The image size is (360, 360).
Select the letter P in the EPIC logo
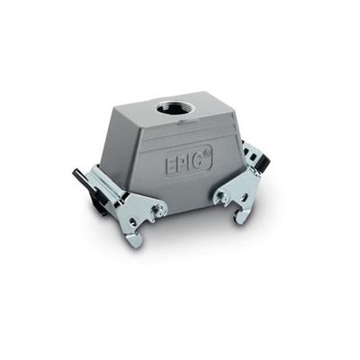click(x=182, y=165)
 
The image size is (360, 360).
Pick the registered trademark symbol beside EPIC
click(x=206, y=154)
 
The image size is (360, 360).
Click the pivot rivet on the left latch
click(x=158, y=208)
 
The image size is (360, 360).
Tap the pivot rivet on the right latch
click(x=221, y=196)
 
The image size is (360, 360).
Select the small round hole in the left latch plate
click(x=132, y=222)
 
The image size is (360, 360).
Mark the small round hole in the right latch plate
click(x=246, y=198)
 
